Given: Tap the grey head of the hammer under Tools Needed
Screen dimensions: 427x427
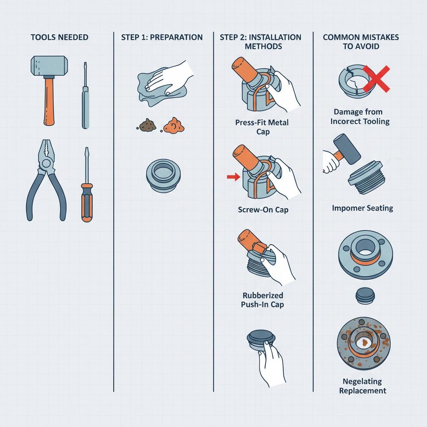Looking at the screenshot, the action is coord(49,66).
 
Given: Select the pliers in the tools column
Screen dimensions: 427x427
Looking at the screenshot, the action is coord(46,180).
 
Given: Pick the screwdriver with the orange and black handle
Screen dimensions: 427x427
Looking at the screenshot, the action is coord(87,185).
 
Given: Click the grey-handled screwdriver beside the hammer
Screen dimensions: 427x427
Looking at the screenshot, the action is coord(85,95).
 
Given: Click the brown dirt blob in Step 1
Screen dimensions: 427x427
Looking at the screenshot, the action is coord(147,125).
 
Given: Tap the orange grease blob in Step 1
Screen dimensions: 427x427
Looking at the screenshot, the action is coord(174,126).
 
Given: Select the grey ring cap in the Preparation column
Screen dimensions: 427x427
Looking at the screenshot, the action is coord(163,176).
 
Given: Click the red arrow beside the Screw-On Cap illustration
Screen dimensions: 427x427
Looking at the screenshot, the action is coord(234,177).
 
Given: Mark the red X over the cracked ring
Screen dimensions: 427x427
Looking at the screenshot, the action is coord(376,79).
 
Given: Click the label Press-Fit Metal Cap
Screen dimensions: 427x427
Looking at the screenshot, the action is coord(262,127).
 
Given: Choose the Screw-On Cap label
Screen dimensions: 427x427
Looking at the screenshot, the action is coord(263,210).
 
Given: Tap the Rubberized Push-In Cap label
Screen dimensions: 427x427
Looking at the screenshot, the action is coord(263,300).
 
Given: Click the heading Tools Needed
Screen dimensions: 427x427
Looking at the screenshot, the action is coord(59,37).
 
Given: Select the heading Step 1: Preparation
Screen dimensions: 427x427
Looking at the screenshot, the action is coord(162,37).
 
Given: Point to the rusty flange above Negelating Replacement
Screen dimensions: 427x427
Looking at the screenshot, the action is coord(364,343).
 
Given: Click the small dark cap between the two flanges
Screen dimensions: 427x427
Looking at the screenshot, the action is coord(365,296).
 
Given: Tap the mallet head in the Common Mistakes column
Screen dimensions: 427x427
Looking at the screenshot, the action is coord(347,149).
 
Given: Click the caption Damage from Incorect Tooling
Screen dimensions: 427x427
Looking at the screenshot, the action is coord(360,117).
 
